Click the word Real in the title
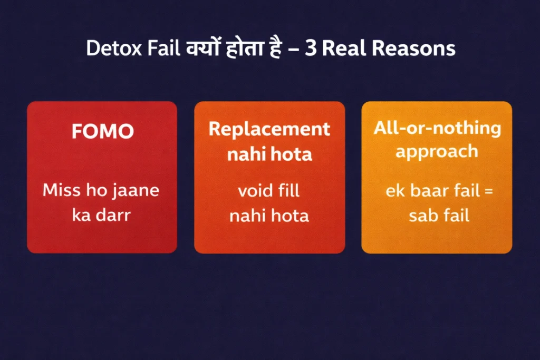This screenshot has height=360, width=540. point(342,48)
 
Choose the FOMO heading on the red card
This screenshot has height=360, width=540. point(102,131)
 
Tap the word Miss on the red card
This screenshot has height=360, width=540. point(62,190)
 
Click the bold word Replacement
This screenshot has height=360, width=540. point(269,130)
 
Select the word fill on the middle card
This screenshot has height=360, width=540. point(289,190)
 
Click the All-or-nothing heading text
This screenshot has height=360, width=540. point(437,128)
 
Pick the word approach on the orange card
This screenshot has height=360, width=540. point(437,152)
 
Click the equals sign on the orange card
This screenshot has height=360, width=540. point(488,191)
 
